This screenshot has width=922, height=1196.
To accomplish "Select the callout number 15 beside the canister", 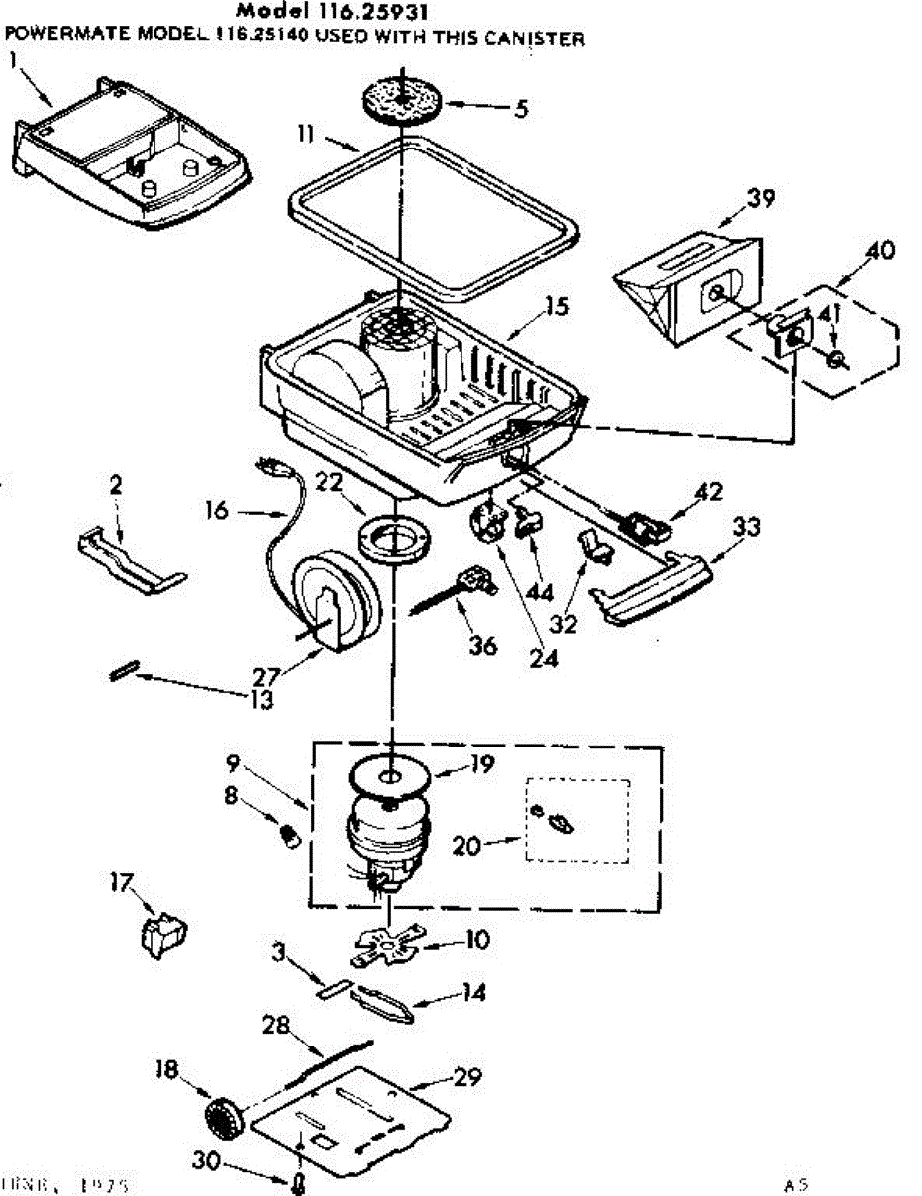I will click(557, 305).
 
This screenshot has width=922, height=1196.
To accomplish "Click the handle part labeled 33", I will click(650, 592).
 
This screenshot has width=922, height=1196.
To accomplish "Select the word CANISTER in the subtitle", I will click(540, 39).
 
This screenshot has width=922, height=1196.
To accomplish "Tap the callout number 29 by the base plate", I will click(467, 1076).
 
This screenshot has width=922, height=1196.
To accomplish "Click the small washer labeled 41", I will click(835, 357).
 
